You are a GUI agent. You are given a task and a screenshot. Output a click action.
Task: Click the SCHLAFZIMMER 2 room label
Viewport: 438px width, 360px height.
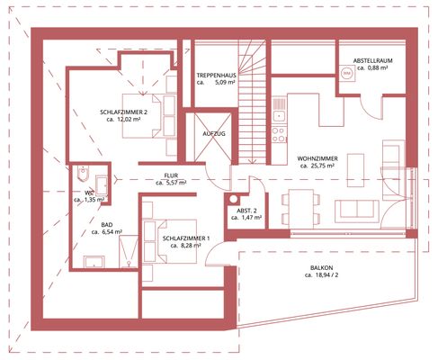[123, 112]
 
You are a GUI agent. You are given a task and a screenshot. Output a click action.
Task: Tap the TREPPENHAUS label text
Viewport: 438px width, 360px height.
[216, 76]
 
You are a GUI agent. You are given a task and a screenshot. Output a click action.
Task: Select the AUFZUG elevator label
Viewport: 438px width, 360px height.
[214, 134]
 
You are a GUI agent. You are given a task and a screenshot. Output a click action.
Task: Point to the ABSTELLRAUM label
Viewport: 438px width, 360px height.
[372, 60]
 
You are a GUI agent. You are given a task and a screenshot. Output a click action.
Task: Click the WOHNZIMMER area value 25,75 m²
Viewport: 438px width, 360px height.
[322, 166]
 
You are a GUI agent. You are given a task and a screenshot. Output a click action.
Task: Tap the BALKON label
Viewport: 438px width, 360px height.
[321, 267]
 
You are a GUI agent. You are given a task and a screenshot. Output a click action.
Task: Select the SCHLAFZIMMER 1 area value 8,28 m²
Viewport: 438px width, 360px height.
[190, 246]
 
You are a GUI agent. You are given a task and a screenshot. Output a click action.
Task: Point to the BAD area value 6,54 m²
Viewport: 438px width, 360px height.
[112, 231]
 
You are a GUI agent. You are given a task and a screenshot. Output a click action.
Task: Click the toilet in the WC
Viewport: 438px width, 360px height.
[83, 174]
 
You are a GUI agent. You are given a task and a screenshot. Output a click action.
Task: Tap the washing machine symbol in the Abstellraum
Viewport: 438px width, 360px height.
[347, 73]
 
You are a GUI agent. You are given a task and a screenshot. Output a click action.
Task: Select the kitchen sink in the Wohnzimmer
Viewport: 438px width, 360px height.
[280, 108]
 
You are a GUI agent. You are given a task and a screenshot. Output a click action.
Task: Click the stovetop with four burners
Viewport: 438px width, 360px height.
[279, 134]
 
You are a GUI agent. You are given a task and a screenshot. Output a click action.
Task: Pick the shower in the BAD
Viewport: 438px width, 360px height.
[129, 251]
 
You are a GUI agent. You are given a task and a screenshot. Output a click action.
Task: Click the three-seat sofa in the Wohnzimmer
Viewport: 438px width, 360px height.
[357, 211]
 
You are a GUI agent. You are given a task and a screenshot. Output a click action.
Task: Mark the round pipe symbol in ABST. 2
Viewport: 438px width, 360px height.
[234, 199]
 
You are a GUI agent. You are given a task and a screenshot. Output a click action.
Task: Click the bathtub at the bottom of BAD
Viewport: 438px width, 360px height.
[94, 262]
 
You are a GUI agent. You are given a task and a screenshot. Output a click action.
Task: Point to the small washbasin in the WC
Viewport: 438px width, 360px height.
[102, 185]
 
